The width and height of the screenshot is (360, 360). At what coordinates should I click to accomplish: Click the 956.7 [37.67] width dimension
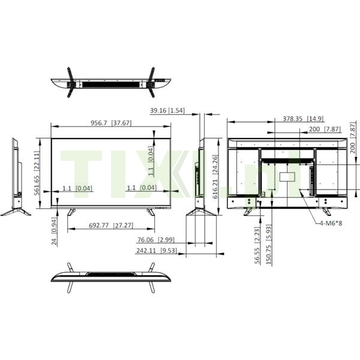tap(111, 123)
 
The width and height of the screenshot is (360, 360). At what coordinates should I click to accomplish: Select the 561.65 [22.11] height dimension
tap(37, 173)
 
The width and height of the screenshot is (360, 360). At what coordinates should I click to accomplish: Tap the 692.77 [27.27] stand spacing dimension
tap(111, 226)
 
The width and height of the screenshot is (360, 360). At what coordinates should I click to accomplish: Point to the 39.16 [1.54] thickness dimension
tap(167, 110)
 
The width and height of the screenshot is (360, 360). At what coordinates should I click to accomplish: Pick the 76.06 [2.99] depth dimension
tap(156, 240)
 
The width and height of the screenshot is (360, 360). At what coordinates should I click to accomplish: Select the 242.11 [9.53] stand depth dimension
tap(157, 250)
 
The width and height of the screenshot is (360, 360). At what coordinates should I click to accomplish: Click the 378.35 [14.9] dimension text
tap(303, 119)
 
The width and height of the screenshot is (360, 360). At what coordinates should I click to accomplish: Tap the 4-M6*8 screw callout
tap(331, 223)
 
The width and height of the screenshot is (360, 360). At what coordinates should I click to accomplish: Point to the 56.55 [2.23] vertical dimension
tap(257, 245)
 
